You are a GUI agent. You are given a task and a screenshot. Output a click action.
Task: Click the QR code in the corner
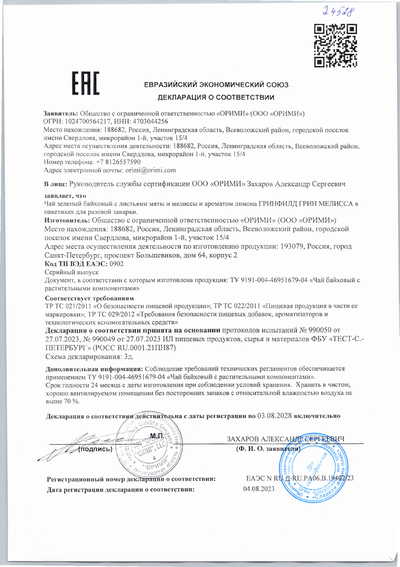coord(336,46)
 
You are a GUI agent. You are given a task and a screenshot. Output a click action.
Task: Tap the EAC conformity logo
coord(85,83)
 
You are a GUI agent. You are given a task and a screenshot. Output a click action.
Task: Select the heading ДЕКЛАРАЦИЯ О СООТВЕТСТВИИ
coord(216,98)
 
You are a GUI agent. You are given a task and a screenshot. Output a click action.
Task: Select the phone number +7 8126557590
coord(118,162)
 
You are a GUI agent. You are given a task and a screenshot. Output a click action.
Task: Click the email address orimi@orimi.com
coord(151,170)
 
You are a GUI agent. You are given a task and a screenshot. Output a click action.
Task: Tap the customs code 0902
coord(116,264)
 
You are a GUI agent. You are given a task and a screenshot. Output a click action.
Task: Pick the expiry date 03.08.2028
coord(274,416)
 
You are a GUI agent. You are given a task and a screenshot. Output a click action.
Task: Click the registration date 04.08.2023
coord(259,489)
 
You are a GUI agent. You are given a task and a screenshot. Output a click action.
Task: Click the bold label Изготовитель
coord(67,220)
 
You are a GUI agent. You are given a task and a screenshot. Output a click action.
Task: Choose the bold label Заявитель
coord(60,113)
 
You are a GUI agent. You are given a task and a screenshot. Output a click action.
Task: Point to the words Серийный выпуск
coord(72,272)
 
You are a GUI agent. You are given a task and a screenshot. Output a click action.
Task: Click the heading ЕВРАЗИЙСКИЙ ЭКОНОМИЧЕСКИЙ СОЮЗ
coord(216,85)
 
